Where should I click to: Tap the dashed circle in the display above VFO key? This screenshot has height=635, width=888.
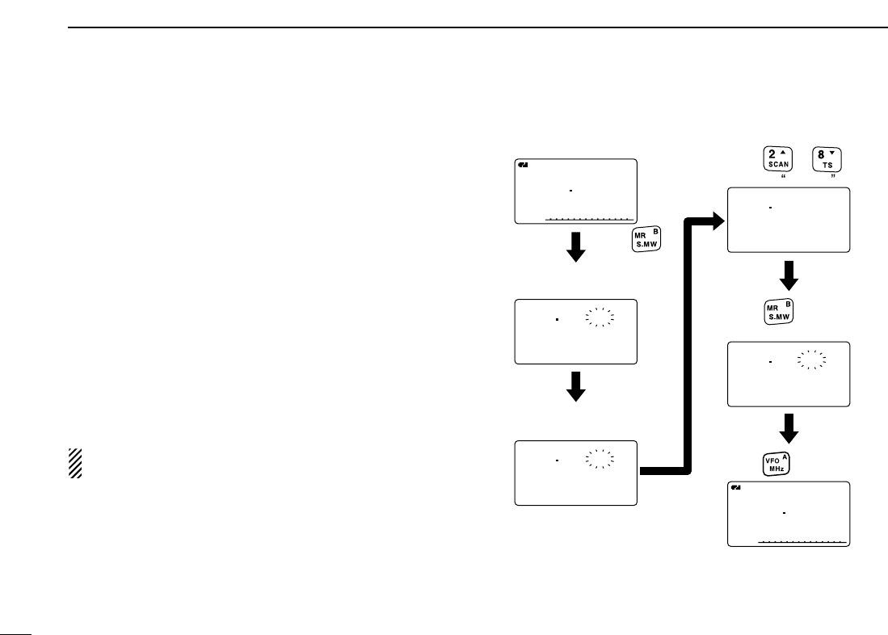(812, 360)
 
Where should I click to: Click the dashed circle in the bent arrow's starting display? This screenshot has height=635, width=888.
(600, 458)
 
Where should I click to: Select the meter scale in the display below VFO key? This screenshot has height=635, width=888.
(802, 540)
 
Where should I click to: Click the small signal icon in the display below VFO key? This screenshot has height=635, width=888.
(735, 487)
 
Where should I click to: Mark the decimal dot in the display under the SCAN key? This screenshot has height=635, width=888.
(771, 208)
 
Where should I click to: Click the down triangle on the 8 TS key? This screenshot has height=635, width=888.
(837, 152)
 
